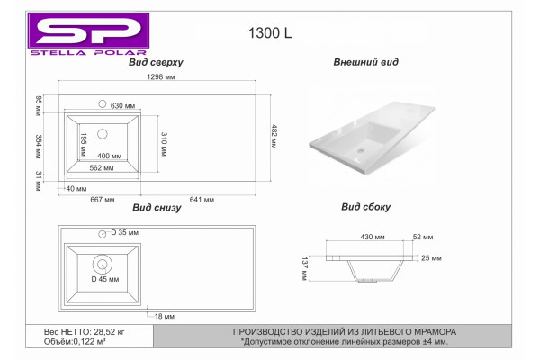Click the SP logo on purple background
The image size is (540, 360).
pos(88,31)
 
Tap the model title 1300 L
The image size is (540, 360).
pos(270,33)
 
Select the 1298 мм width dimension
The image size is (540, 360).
pos(161,76)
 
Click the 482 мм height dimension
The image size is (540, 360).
pos(274,137)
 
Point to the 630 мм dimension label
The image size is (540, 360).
pos(122,106)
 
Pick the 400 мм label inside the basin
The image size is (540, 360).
pos(110,156)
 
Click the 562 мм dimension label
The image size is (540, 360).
pos(102,168)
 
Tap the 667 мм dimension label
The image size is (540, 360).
pos(103,200)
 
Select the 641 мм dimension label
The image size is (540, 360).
pos(202,200)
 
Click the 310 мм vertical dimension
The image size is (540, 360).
pos(164,144)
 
